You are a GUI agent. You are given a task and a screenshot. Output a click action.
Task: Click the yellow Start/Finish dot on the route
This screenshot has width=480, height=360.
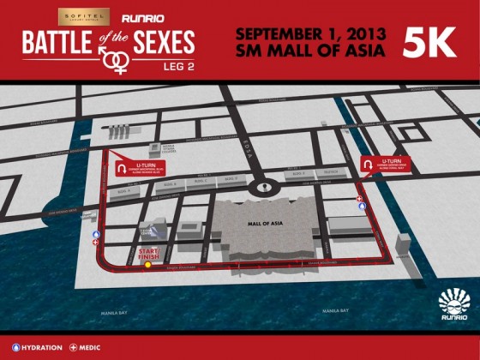pyautogui.click(x=147, y=265)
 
